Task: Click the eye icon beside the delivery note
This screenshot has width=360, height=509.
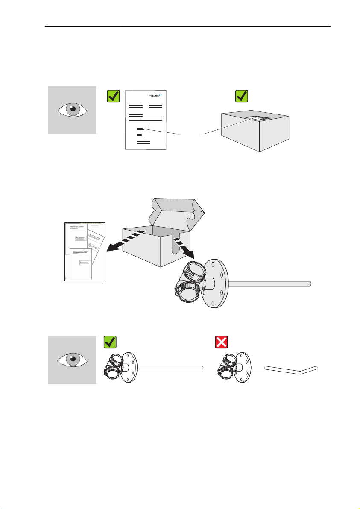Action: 72,110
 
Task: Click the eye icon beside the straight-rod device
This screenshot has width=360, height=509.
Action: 72,360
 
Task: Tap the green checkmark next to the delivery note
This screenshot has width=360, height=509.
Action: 113,97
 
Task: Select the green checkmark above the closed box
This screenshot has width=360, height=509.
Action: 242,97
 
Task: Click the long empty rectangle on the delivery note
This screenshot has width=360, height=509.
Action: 145,120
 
